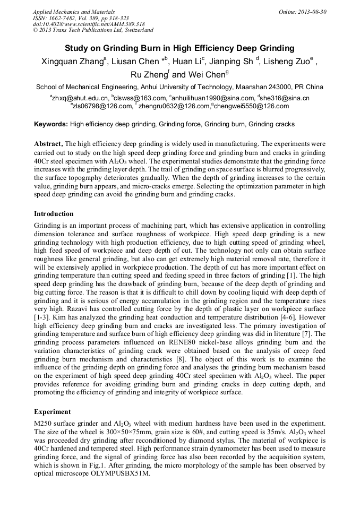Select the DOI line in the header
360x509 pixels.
tap(89, 24)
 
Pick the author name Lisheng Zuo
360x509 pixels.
tap(286, 62)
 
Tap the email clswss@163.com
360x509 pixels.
tap(140, 98)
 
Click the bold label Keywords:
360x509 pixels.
tap(51, 124)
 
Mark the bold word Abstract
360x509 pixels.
tap(48, 144)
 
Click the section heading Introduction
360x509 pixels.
tap(54, 214)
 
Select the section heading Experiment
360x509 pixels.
tap(52, 411)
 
